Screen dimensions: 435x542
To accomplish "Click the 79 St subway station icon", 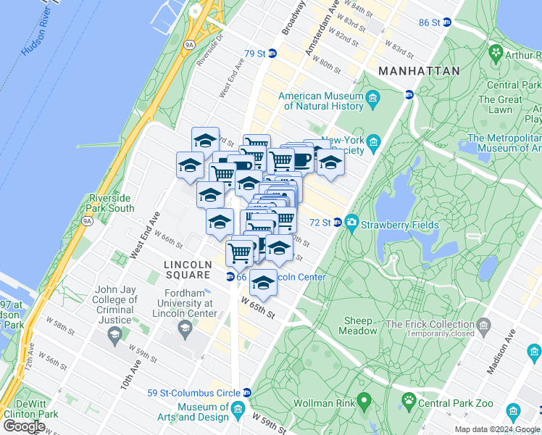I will pyautogui.click(x=272, y=54).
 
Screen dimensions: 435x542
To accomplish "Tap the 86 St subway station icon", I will pyautogui.click(x=446, y=22).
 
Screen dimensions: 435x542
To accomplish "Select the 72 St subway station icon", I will pyautogui.click(x=337, y=222).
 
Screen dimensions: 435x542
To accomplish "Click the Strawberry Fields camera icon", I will pyautogui.click(x=352, y=222).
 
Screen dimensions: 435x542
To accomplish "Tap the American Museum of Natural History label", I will pyautogui.click(x=321, y=101).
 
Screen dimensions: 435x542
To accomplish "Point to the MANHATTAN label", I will pyautogui.click(x=418, y=71).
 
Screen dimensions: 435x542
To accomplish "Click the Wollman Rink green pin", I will pyautogui.click(x=364, y=400).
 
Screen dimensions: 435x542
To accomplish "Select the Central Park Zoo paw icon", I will pyautogui.click(x=409, y=400).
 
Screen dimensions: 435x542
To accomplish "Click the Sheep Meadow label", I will pyautogui.click(x=358, y=326).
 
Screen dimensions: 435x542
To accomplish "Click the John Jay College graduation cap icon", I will pyautogui.click(x=114, y=333).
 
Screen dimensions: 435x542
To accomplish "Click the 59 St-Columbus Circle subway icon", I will pyautogui.click(x=247, y=393).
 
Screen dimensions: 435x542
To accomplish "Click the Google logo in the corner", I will pyautogui.click(x=25, y=426).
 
